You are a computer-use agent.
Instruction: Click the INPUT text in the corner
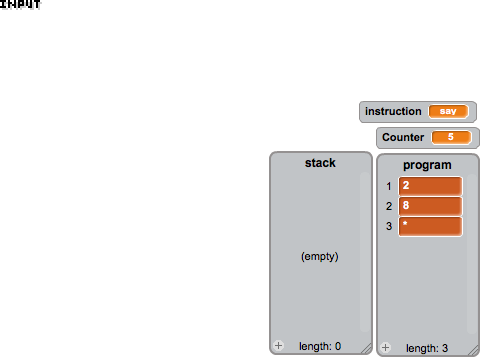(x=20, y=4)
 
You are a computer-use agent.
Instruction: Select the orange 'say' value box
(x=448, y=111)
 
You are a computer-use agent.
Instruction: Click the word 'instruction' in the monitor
(x=393, y=111)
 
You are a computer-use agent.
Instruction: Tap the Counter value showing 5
(x=451, y=137)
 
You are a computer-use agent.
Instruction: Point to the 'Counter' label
(x=403, y=137)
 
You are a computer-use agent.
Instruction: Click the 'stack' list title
(x=320, y=163)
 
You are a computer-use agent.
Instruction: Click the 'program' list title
(x=427, y=165)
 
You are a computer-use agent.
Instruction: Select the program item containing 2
(x=430, y=186)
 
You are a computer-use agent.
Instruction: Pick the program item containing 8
(x=430, y=206)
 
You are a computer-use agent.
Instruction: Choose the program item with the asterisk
(x=430, y=227)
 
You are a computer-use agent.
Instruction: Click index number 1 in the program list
(x=389, y=186)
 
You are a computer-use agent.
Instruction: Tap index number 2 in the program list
(x=389, y=206)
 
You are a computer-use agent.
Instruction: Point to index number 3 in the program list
(x=389, y=226)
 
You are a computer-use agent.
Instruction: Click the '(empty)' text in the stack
(x=320, y=256)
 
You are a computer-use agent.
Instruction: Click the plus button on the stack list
(x=279, y=346)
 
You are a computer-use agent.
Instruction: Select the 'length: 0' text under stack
(x=320, y=346)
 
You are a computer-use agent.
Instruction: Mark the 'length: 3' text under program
(x=427, y=348)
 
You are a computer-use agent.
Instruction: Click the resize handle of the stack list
(x=367, y=348)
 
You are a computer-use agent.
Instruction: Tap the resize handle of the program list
(x=474, y=350)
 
